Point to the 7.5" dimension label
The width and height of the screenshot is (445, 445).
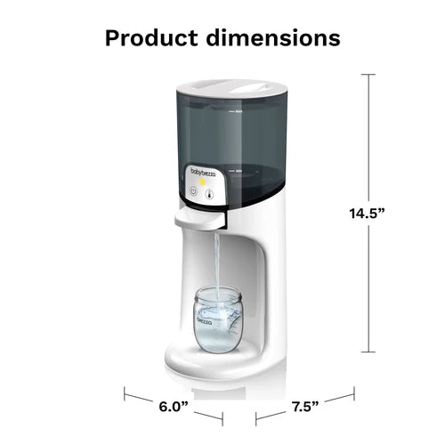point(305,409)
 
